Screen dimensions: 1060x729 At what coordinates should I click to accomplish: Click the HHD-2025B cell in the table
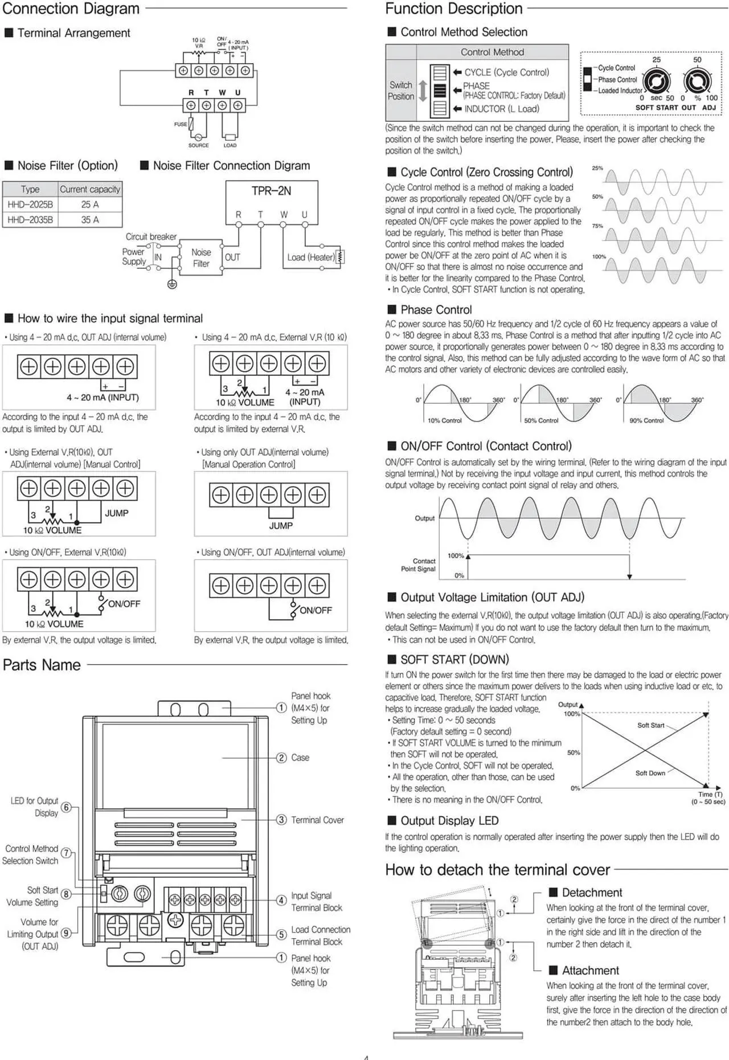pyautogui.click(x=30, y=204)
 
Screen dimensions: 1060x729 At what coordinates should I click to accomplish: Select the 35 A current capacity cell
pyautogui.click(x=90, y=220)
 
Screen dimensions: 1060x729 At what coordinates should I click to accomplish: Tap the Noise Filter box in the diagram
pyautogui.click(x=201, y=257)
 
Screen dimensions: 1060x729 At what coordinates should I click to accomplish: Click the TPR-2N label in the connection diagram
pyautogui.click(x=271, y=191)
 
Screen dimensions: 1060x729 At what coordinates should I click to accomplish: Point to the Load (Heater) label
pyautogui.click(x=311, y=257)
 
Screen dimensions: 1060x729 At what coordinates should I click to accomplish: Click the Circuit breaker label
pyautogui.click(x=151, y=236)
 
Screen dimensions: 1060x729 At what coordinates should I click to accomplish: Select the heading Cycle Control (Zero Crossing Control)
pyautogui.click(x=486, y=172)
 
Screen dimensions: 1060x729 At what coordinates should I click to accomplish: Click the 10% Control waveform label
pyautogui.click(x=444, y=420)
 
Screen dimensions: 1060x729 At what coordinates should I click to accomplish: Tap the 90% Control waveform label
pyautogui.click(x=646, y=420)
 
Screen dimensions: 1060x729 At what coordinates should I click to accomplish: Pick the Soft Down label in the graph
pyautogui.click(x=650, y=773)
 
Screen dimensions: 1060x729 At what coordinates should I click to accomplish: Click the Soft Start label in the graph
pyautogui.click(x=650, y=725)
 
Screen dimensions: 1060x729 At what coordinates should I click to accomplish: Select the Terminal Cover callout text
pyautogui.click(x=317, y=820)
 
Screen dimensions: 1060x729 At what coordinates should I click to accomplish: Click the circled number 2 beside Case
pyautogui.click(x=281, y=758)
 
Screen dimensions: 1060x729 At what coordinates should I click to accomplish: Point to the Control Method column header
pyautogui.click(x=492, y=52)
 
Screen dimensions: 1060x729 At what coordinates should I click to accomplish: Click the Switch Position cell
pyautogui.click(x=400, y=91)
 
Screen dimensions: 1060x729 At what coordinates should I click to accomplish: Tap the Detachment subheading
pyautogui.click(x=592, y=893)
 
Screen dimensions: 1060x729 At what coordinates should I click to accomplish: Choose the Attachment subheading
pyautogui.click(x=590, y=971)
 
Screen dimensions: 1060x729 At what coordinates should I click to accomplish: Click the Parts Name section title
pyautogui.click(x=42, y=665)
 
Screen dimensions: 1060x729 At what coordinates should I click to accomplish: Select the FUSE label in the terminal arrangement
pyautogui.click(x=181, y=124)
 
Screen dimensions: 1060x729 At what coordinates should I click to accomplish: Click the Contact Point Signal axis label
pyautogui.click(x=418, y=565)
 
